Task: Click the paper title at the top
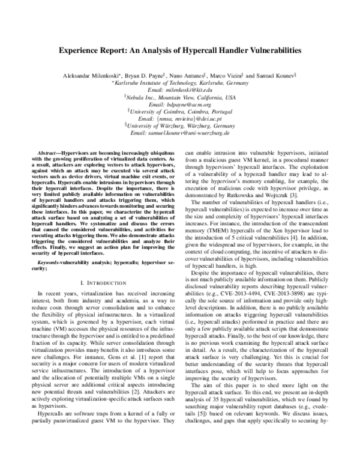coord(179,52)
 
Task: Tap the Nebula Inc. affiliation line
coord(180,97)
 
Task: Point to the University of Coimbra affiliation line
coord(180,110)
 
